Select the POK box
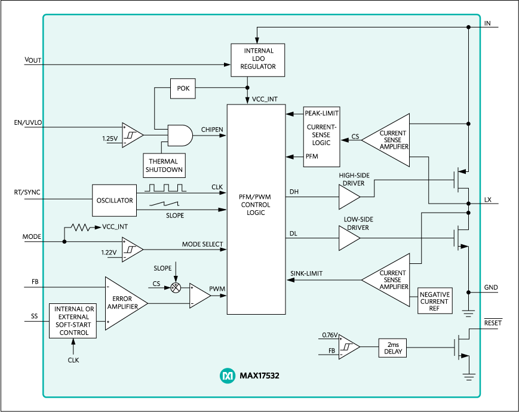coord(182,88)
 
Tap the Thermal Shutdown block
coord(164,165)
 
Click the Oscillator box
coord(114,201)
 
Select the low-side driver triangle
coord(349,238)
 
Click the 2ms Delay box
coord(392,348)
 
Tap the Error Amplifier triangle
coord(124,303)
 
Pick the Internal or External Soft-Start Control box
coord(72,321)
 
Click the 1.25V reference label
coord(110,139)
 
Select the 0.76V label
coord(329,335)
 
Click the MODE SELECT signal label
coord(202,244)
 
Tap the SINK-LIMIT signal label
coord(306,273)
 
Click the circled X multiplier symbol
coord(176,287)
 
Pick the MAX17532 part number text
coord(259,376)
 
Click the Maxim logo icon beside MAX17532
coord(228,376)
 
